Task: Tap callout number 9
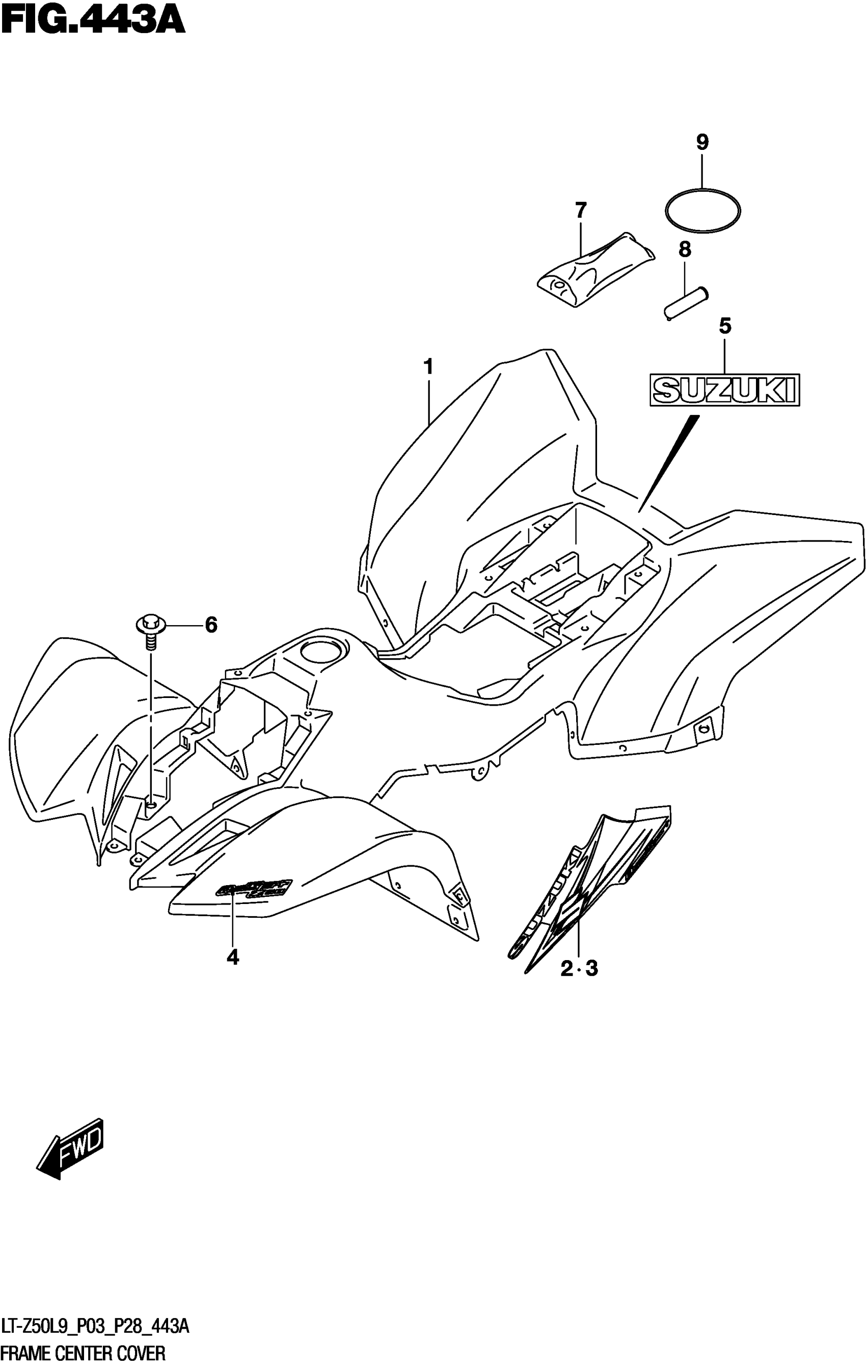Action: click(x=702, y=142)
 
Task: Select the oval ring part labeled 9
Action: click(x=703, y=211)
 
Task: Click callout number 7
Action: click(x=580, y=211)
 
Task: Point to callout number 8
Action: click(x=685, y=249)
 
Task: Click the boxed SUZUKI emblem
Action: click(x=724, y=390)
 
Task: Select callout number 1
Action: click(x=428, y=367)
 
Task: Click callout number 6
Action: click(x=211, y=625)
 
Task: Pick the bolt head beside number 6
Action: click(x=150, y=624)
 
